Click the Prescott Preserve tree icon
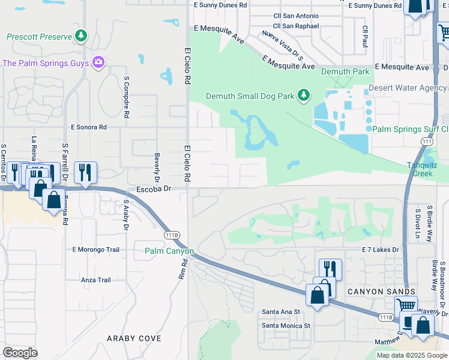[81, 36]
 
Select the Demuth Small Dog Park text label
[250, 96]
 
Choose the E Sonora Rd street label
[88, 127]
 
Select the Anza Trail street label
[96, 280]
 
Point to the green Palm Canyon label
[169, 251]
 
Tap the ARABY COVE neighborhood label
[134, 338]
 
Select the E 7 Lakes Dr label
[381, 250]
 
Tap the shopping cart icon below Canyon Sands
[406, 305]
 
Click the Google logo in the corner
[20, 353]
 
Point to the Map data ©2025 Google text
[412, 355]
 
